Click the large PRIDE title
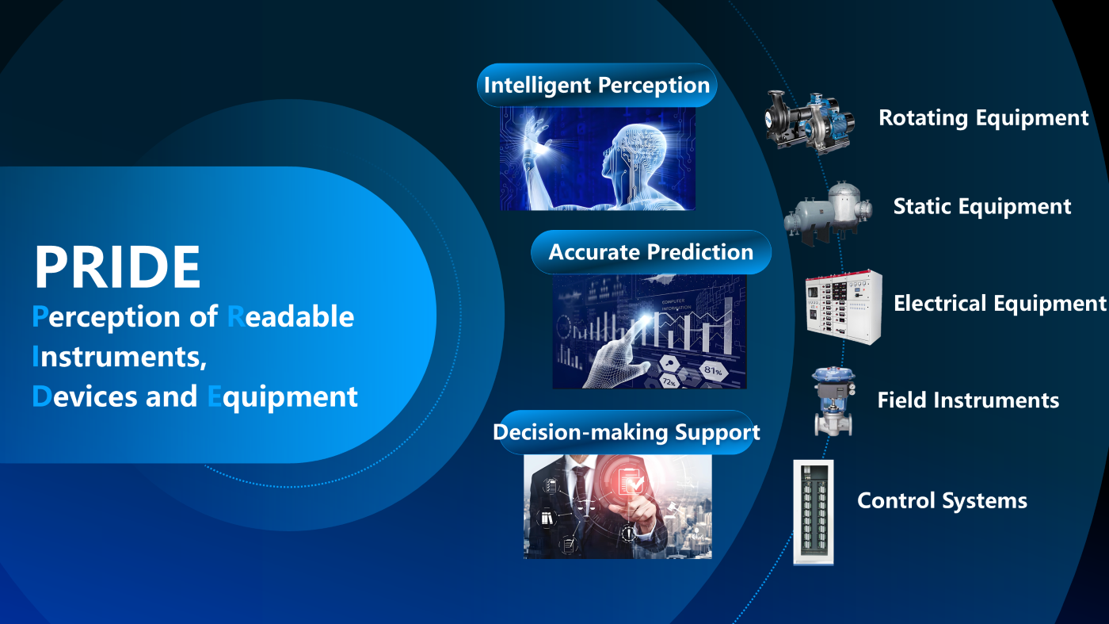pos(117,266)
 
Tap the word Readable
pos(291,316)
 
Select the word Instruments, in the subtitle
pos(119,356)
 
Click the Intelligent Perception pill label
pos(596,86)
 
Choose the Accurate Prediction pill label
pos(651,252)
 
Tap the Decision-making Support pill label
pos(627,432)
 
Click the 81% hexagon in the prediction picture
pos(713,369)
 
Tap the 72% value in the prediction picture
pos(669,382)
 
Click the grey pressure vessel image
pos(829,213)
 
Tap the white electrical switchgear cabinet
pos(844,307)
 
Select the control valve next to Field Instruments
pos(833,401)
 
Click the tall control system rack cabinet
pos(814,512)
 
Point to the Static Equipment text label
pos(982,207)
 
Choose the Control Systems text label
pos(942,501)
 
